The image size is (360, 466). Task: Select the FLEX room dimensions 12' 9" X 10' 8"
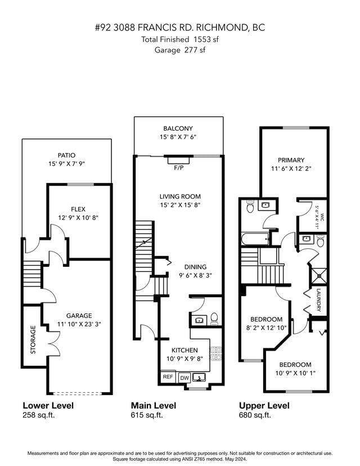tap(78, 218)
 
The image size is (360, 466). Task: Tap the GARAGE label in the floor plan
tap(78, 316)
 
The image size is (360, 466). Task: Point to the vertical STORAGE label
tap(33, 339)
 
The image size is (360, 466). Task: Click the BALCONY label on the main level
tap(178, 128)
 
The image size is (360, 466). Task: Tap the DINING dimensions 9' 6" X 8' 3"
tap(195, 276)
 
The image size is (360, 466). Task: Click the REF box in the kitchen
tap(168, 377)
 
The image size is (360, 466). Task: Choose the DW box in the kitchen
tap(184, 378)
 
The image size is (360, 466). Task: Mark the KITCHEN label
tap(184, 350)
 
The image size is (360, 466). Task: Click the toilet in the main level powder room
tap(214, 319)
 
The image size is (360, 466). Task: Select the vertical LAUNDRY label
tap(319, 301)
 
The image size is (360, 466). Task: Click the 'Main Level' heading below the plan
tap(153, 405)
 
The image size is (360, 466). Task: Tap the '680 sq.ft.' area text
tap(255, 415)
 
